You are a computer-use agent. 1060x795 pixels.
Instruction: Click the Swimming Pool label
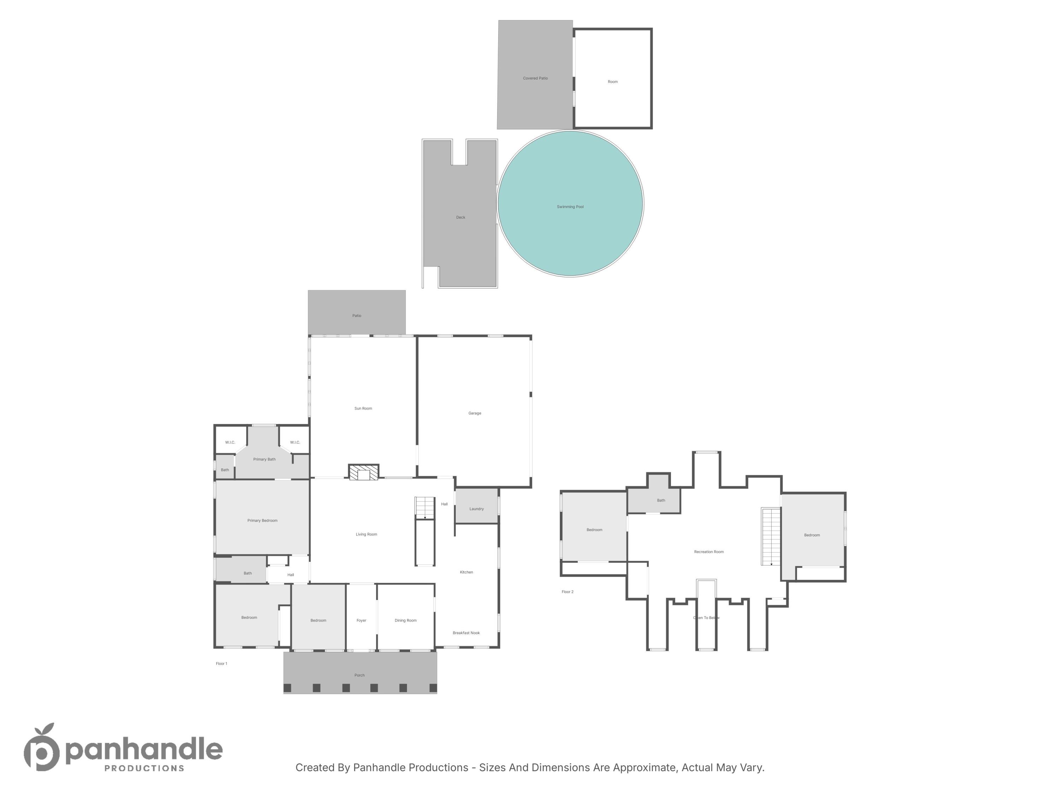(570, 207)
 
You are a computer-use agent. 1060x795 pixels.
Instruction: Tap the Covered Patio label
(535, 78)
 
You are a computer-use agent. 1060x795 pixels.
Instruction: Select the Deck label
(460, 217)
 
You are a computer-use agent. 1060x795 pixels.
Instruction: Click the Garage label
(475, 413)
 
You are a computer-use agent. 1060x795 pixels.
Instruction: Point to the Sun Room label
(363, 408)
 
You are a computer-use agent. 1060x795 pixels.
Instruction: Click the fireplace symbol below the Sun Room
(364, 472)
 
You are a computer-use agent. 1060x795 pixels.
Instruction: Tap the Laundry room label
(476, 509)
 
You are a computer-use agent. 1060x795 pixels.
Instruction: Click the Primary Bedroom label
(262, 520)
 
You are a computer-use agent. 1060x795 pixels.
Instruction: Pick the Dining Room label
(405, 620)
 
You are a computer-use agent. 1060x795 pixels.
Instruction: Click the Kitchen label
(466, 572)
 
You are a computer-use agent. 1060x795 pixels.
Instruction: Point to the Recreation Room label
(709, 552)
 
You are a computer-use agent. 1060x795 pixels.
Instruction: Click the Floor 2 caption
(567, 592)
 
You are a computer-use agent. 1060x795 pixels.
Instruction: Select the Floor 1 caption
(222, 664)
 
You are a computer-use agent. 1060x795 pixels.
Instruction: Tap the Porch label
(359, 675)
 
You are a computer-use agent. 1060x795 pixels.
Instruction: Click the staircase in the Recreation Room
(771, 537)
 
